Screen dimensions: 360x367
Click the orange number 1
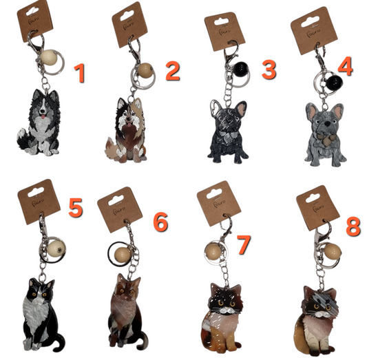coord(81,72)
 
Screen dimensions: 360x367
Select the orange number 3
coord(267,69)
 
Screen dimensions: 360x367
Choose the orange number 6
coord(160,222)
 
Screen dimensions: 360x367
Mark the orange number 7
coord(244,243)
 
